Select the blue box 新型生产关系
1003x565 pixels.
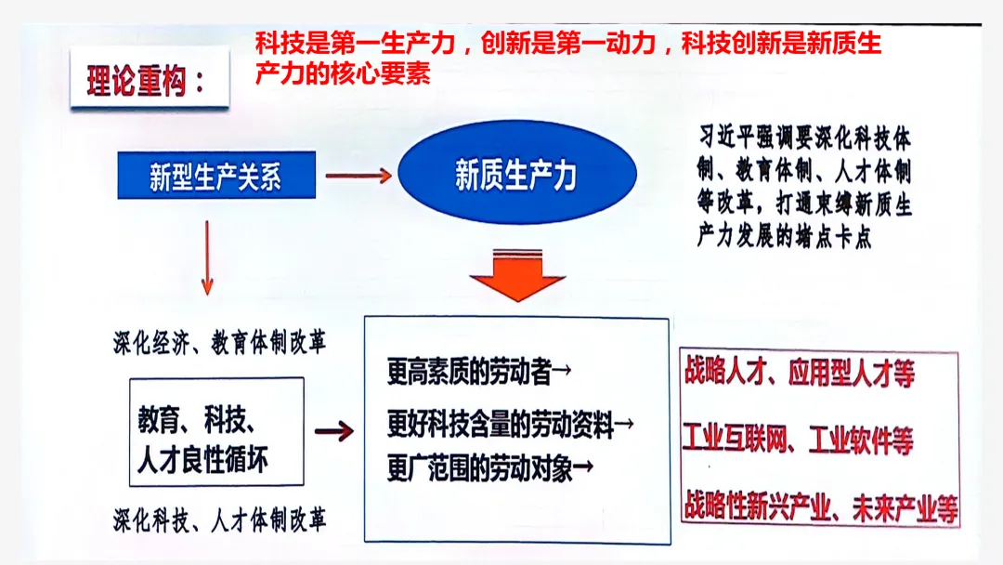pos(215,175)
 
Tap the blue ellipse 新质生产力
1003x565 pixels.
pos(516,174)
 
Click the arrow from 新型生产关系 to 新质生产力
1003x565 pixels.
pos(358,175)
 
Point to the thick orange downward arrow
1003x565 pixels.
pos(516,275)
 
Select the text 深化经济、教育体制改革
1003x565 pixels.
pos(219,343)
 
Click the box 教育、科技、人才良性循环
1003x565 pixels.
pos(216,431)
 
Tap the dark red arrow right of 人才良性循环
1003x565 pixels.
pos(334,430)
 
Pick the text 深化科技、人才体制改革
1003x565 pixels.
pos(219,519)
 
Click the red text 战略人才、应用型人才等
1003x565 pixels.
pos(799,374)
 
